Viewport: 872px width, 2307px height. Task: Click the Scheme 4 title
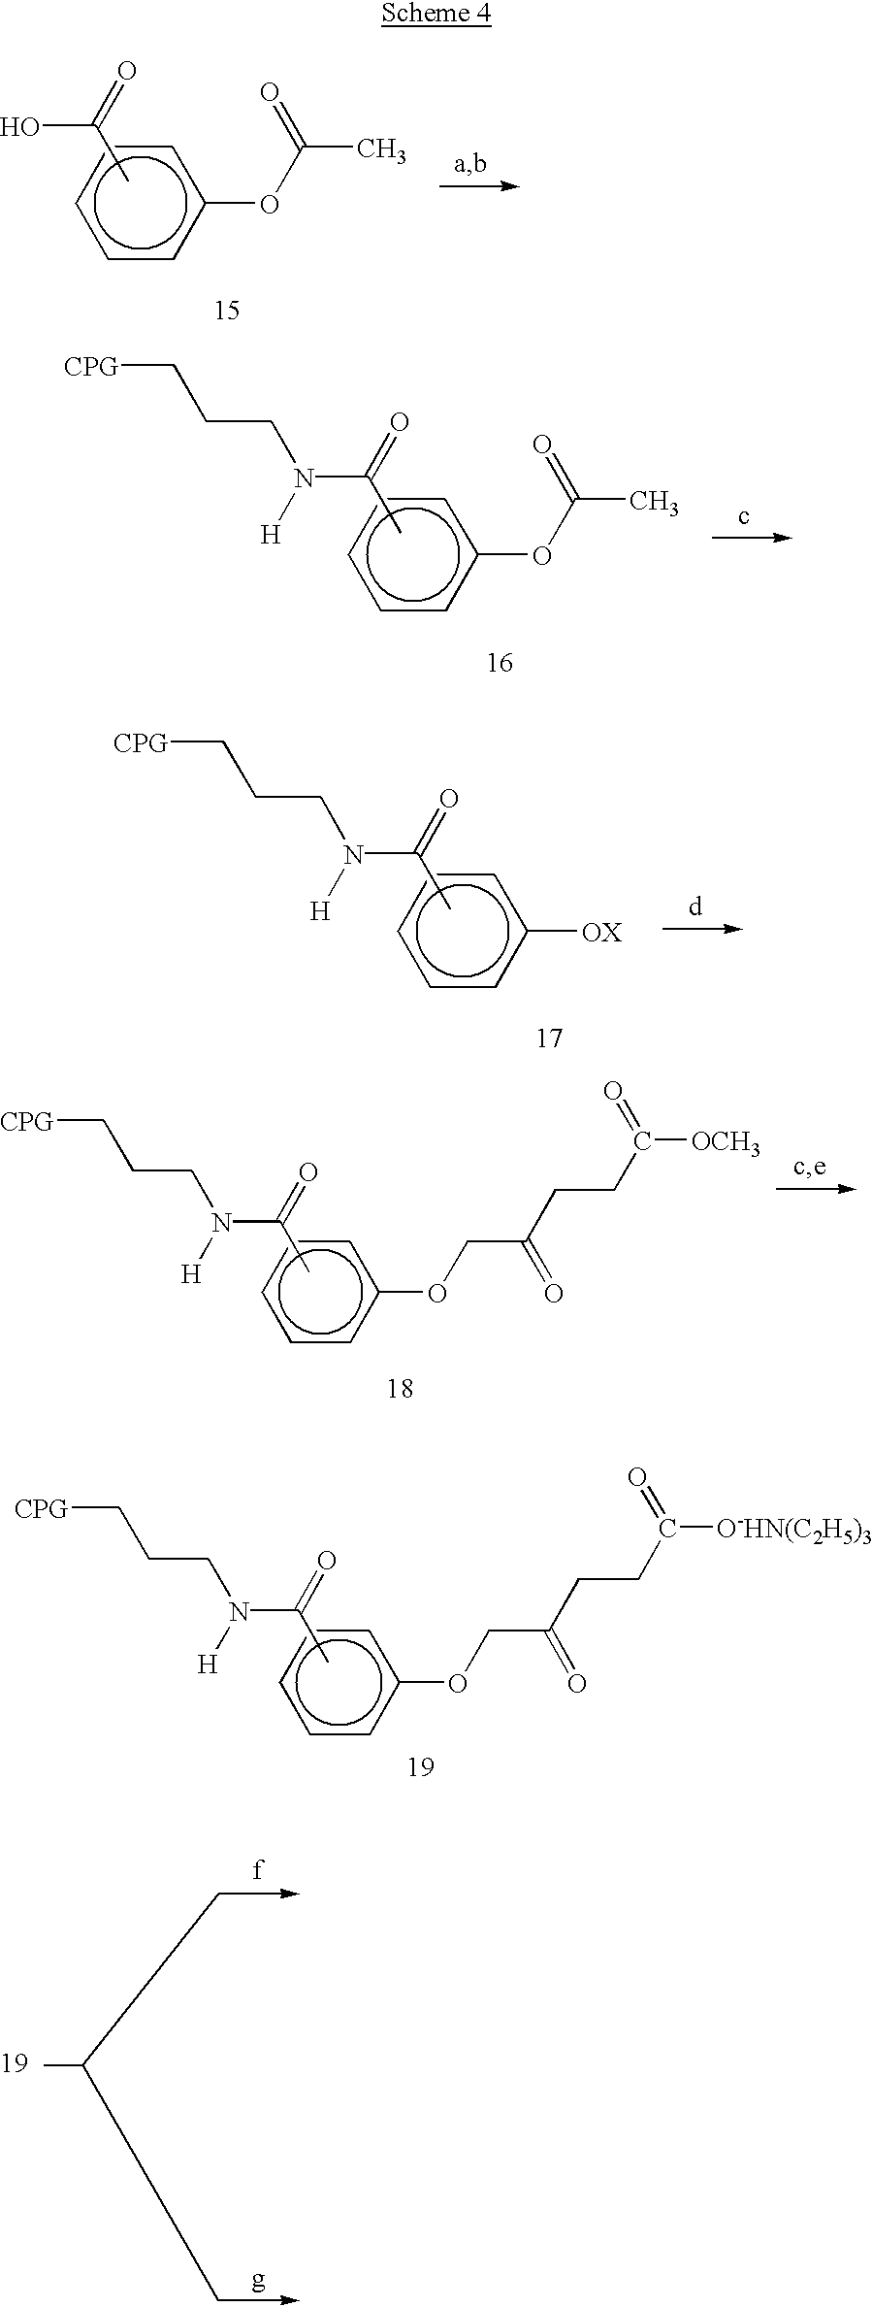[436, 15]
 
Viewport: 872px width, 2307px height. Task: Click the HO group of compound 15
[20, 127]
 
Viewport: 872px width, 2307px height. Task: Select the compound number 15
[227, 311]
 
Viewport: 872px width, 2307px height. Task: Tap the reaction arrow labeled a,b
[479, 184]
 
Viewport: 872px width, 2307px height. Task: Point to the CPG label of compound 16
[92, 367]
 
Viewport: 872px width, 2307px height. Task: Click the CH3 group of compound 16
[654, 503]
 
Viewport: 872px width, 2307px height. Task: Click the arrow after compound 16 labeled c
[752, 537]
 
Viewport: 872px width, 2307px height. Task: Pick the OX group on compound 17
[601, 933]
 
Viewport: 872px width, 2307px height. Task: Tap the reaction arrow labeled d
[702, 929]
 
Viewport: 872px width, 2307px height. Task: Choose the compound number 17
[549, 1039]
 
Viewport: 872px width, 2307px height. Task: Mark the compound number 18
[401, 1389]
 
